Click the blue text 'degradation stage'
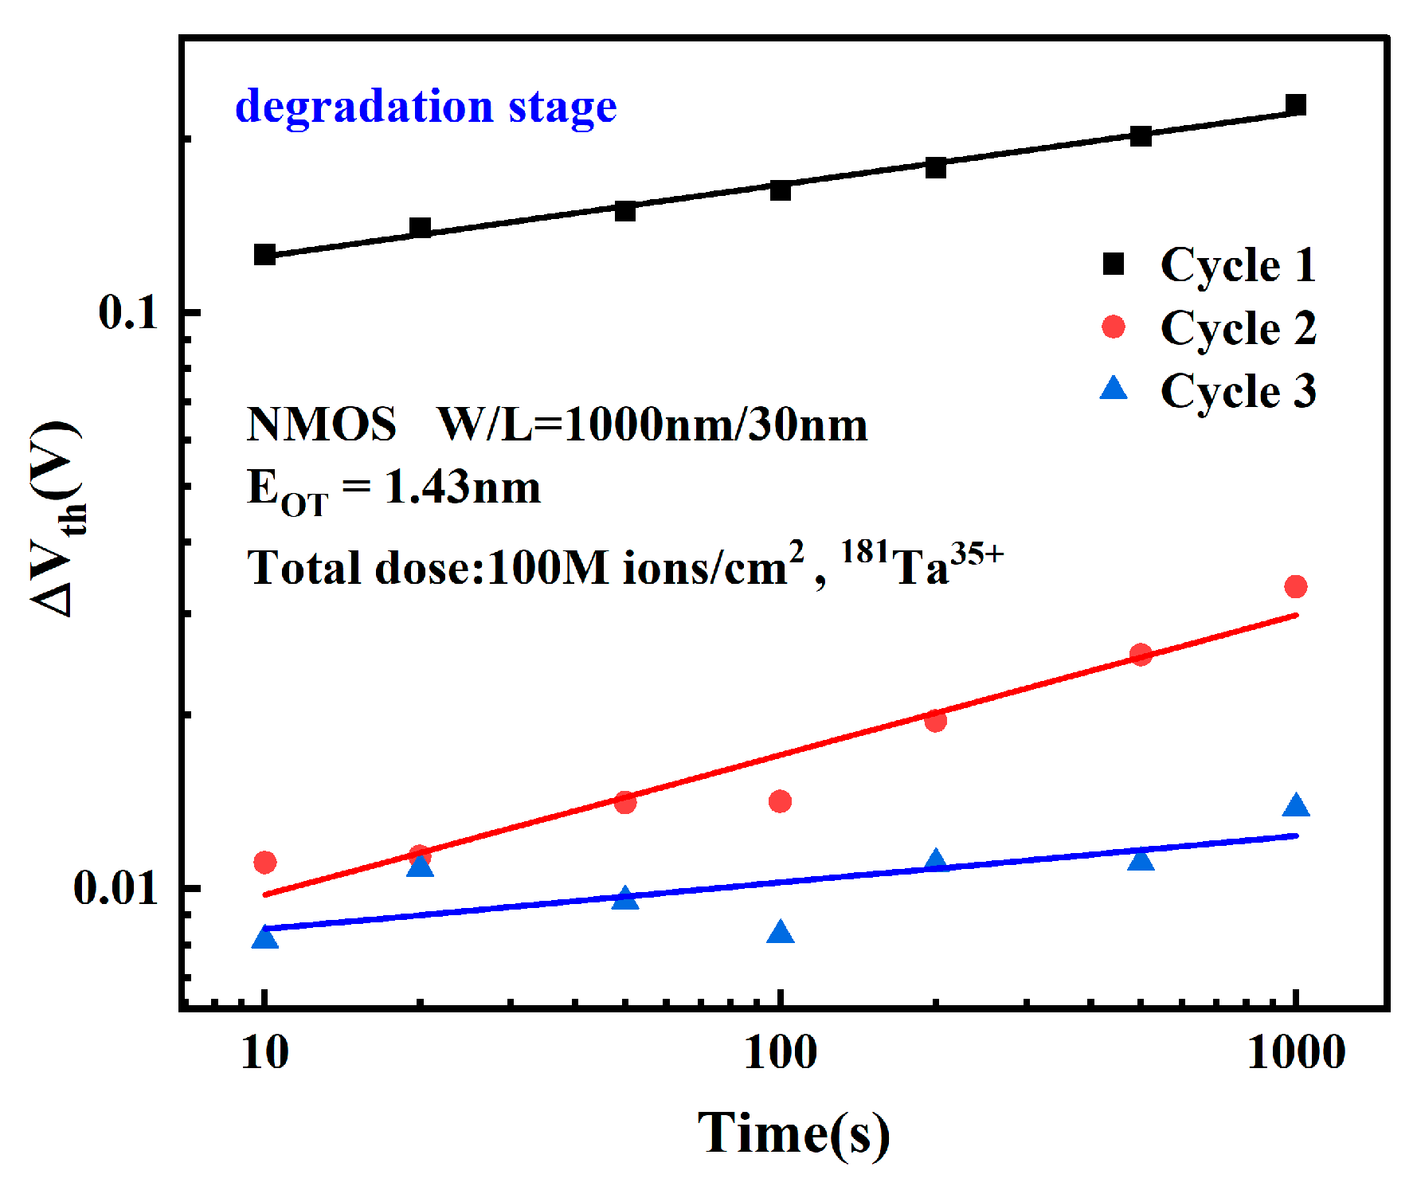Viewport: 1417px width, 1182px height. click(425, 107)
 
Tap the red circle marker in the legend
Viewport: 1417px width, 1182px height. click(1113, 327)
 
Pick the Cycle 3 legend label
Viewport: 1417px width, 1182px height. click(1237, 391)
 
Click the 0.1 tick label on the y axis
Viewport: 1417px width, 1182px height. click(128, 312)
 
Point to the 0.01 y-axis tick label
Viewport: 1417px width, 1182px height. click(115, 887)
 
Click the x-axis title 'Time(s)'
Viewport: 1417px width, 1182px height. click(793, 1133)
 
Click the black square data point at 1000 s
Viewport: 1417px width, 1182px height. click(1296, 105)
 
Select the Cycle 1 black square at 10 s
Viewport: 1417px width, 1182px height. click(264, 255)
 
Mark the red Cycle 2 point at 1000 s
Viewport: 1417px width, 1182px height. click(1296, 587)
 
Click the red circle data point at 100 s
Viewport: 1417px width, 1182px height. click(780, 801)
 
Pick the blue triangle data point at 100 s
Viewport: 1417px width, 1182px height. click(781, 933)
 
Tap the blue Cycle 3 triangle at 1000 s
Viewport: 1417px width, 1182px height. click(1296, 806)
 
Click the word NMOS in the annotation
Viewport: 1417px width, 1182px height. click(321, 424)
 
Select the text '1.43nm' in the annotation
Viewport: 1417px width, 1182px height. click(462, 487)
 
